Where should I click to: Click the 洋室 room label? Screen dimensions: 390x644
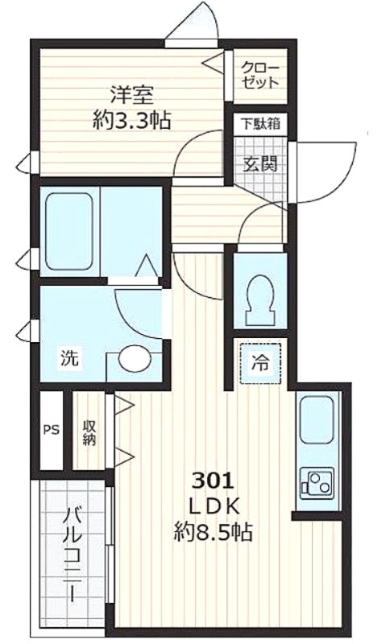[x=132, y=95]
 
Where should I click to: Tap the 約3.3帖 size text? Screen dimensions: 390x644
[x=131, y=120]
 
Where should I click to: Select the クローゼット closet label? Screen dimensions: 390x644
[x=260, y=75]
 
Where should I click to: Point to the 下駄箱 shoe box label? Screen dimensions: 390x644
[x=260, y=124]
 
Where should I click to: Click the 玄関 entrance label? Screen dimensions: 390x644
[x=260, y=164]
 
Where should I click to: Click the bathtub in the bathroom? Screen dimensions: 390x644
[x=69, y=231]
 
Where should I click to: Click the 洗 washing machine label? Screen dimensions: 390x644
[x=69, y=357]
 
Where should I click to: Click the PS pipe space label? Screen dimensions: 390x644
[x=52, y=430]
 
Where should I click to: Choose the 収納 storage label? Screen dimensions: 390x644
[x=89, y=432]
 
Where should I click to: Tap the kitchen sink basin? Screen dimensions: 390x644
[x=317, y=419]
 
